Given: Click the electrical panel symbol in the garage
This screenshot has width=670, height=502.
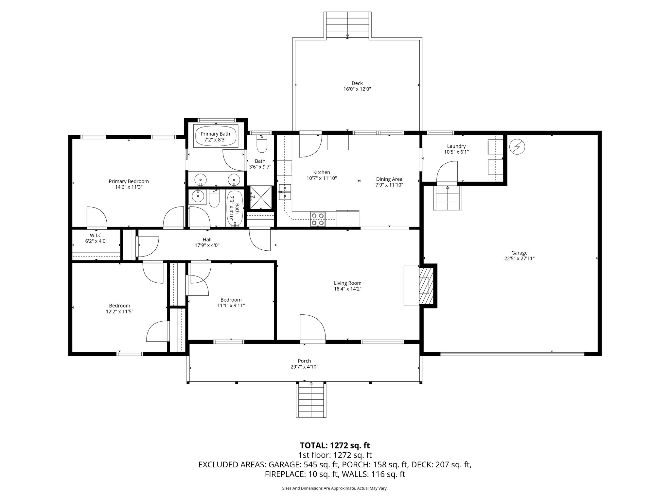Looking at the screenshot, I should pyautogui.click(x=518, y=147).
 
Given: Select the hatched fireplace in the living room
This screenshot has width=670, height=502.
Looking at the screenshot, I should pyautogui.click(x=426, y=286).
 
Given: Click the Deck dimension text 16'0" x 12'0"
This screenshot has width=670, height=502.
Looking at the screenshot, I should pyautogui.click(x=357, y=89).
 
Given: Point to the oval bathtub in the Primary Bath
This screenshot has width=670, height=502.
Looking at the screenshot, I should pyautogui.click(x=215, y=137).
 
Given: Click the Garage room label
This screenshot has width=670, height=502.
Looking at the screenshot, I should pyautogui.click(x=519, y=253).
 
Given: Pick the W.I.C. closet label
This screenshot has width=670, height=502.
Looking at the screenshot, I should pyautogui.click(x=96, y=235).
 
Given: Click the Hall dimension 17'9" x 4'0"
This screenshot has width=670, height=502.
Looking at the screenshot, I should pyautogui.click(x=207, y=245).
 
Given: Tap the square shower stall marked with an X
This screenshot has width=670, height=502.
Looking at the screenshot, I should pyautogui.click(x=261, y=197).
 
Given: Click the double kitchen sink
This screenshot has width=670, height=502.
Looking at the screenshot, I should pyautogui.click(x=285, y=192).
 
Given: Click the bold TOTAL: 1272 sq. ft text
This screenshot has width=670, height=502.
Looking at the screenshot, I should pyautogui.click(x=335, y=445).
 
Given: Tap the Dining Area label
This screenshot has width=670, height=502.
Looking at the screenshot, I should pyautogui.click(x=389, y=179).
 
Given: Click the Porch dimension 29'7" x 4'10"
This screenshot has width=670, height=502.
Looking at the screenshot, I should pyautogui.click(x=304, y=367).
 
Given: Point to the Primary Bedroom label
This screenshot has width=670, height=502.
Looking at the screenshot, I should pyautogui.click(x=129, y=181).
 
